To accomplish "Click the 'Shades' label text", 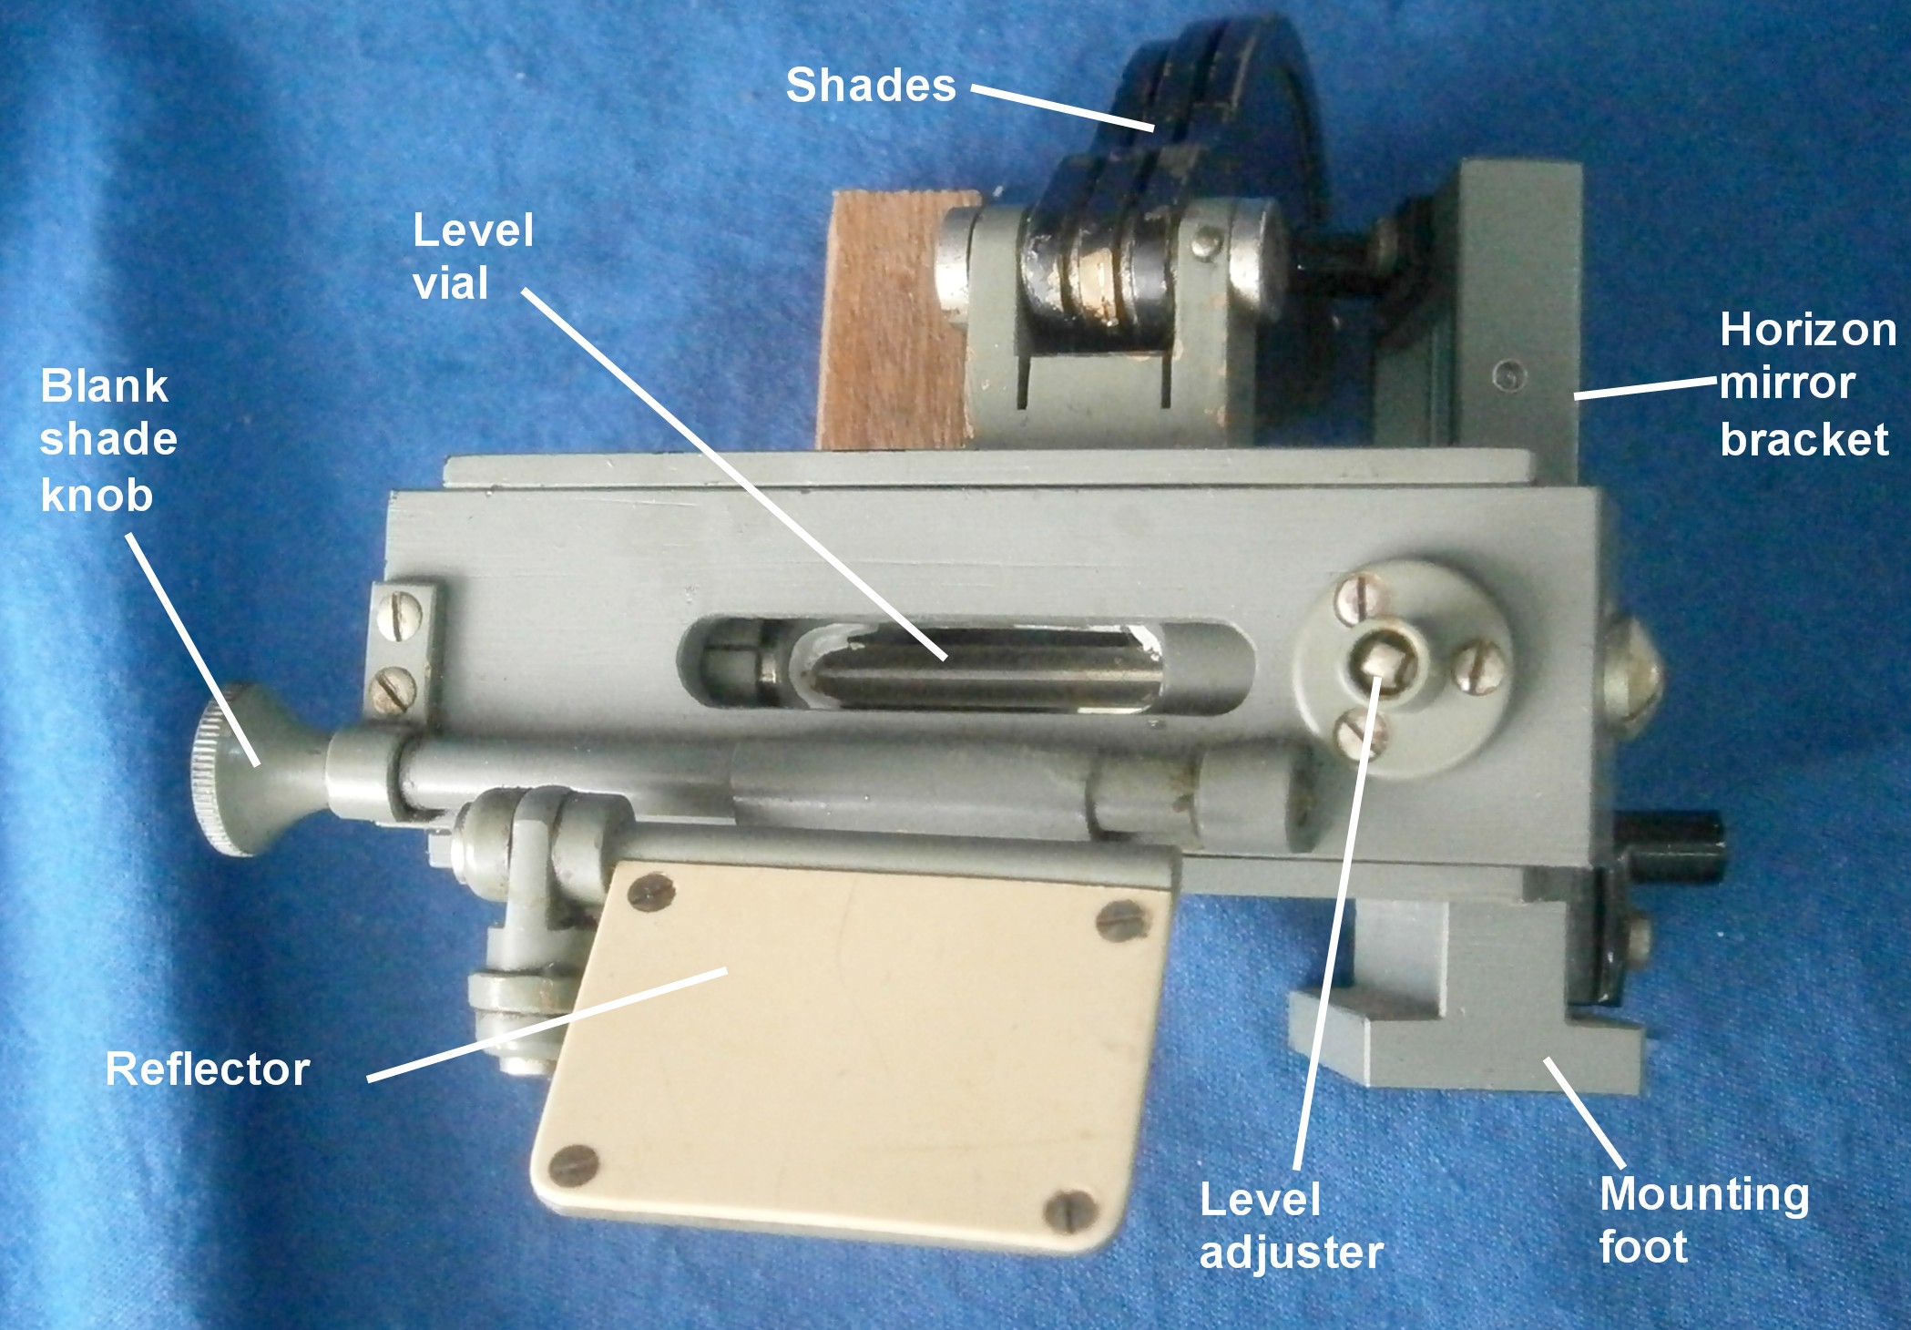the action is coord(871,86).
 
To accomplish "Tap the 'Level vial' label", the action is coord(473,256).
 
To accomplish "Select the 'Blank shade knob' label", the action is coord(108,440).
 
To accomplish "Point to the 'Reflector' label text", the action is coord(208,1069).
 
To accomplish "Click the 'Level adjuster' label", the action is coord(1291,1225).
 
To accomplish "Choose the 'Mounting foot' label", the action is coord(1703,1220).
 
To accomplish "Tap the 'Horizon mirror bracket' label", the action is coord(1807,384).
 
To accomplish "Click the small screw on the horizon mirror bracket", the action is coord(1509,373).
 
